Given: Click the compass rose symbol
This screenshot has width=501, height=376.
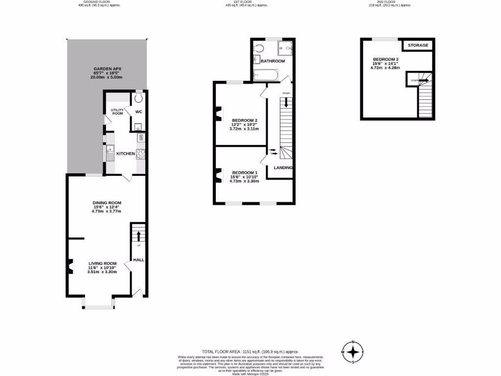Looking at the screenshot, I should pyautogui.click(x=353, y=352).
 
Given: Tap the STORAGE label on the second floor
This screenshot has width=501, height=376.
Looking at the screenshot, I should pyautogui.click(x=418, y=46).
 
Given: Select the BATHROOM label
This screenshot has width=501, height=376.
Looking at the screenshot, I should pyautogui.click(x=273, y=61).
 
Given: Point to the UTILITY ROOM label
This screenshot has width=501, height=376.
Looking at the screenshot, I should pyautogui.click(x=117, y=112).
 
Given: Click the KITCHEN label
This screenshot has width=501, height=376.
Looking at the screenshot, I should pyautogui.click(x=125, y=154).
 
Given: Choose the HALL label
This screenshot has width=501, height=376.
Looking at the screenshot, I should pyautogui.click(x=139, y=259).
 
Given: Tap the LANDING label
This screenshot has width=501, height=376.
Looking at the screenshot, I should pyautogui.click(x=283, y=168).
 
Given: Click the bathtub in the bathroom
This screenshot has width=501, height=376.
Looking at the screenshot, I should pyautogui.click(x=266, y=75).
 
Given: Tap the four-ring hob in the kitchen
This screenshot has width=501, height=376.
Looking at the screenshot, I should pyautogui.click(x=140, y=154).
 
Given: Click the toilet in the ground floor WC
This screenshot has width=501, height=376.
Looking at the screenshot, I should pyautogui.click(x=139, y=97).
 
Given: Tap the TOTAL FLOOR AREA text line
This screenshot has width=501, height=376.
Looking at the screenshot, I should pyautogui.click(x=250, y=352).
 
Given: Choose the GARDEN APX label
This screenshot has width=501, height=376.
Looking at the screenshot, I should pyautogui.click(x=106, y=69).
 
